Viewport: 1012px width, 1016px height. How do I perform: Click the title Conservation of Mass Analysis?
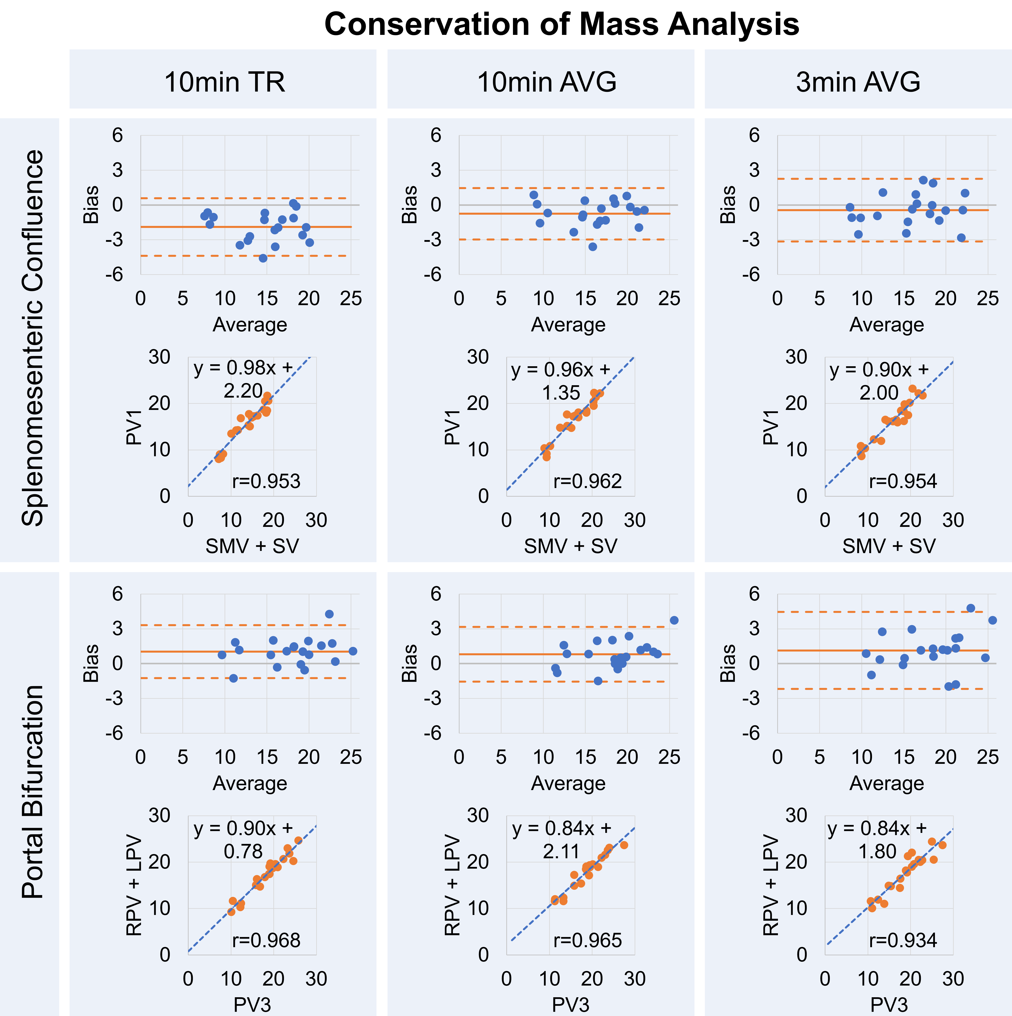point(562,24)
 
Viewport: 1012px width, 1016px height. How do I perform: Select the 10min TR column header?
point(225,82)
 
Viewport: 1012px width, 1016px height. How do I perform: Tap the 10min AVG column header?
point(547,82)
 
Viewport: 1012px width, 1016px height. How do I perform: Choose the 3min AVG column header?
point(858,82)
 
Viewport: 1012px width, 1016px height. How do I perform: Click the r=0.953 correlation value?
point(266,481)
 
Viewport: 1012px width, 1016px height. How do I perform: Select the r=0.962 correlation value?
point(587,481)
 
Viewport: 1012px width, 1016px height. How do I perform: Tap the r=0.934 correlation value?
point(903,940)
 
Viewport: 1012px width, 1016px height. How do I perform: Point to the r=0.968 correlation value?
point(266,940)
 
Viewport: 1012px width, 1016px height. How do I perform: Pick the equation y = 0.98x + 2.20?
point(243,379)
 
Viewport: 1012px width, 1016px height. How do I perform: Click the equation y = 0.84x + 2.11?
point(562,840)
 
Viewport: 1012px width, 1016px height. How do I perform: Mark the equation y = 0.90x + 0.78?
point(243,840)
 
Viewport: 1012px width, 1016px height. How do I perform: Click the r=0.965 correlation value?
point(587,940)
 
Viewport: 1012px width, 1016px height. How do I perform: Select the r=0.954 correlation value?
point(903,481)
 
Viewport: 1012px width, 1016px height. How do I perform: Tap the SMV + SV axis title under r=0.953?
point(252,546)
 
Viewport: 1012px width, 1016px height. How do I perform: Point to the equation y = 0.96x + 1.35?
point(561,381)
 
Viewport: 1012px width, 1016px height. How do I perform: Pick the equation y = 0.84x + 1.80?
point(877,840)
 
